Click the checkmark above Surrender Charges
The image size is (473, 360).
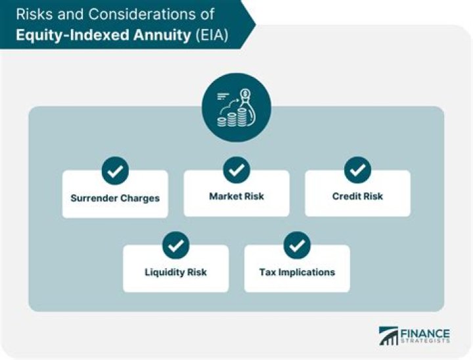115,171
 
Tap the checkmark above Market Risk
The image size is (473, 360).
236,171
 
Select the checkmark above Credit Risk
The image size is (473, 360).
357,171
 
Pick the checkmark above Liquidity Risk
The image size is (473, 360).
175,246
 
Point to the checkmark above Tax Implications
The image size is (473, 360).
297,246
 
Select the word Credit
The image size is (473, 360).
345,196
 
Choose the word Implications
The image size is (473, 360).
307,272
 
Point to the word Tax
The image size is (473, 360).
267,272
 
